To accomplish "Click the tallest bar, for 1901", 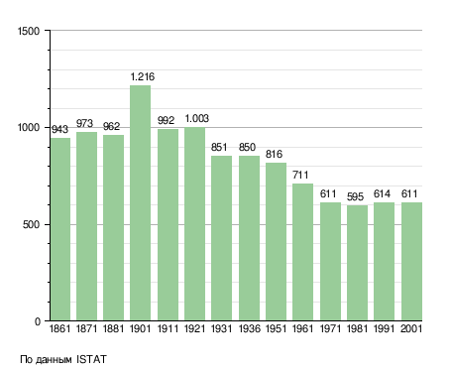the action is point(140,203).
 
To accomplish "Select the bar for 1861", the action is point(60,229).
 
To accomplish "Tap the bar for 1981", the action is point(357,263).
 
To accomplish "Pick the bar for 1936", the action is point(249,238).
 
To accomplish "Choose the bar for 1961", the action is point(302,252).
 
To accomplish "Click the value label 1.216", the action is point(143,76).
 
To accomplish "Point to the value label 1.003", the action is point(197,118).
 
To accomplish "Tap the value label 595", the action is point(355,197).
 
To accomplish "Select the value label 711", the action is point(300,175).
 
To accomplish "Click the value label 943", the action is point(59,129).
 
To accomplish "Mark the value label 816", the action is point(274,154).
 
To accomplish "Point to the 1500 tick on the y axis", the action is point(29,31).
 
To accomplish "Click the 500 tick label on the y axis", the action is point(31,225).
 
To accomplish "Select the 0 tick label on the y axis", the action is point(38,321).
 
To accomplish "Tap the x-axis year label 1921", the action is point(194,328).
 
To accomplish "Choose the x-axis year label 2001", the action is point(411,328).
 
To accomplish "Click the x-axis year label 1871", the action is point(86,328).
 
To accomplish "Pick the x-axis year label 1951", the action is point(276,328).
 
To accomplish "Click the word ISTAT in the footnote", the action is point(91,359).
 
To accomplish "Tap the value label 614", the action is point(382,193).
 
